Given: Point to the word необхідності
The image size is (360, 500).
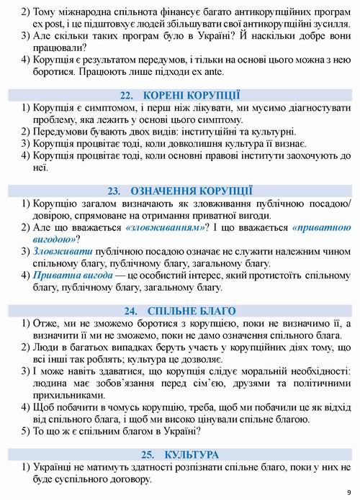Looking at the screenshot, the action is pos(313,371).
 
